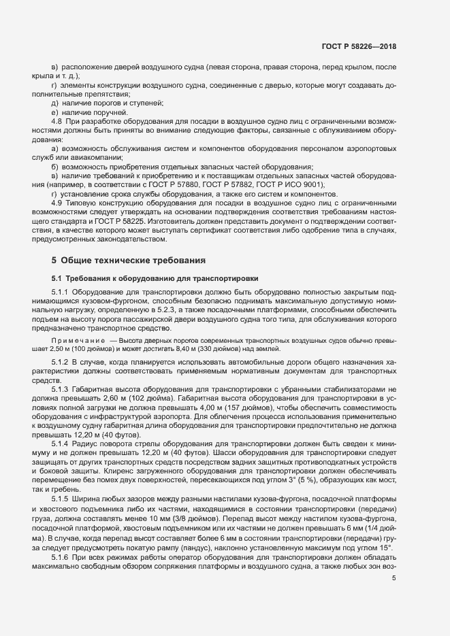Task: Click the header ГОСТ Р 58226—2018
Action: coord(359,47)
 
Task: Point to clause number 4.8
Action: coord(57,120)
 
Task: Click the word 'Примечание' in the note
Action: coord(77,339)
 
